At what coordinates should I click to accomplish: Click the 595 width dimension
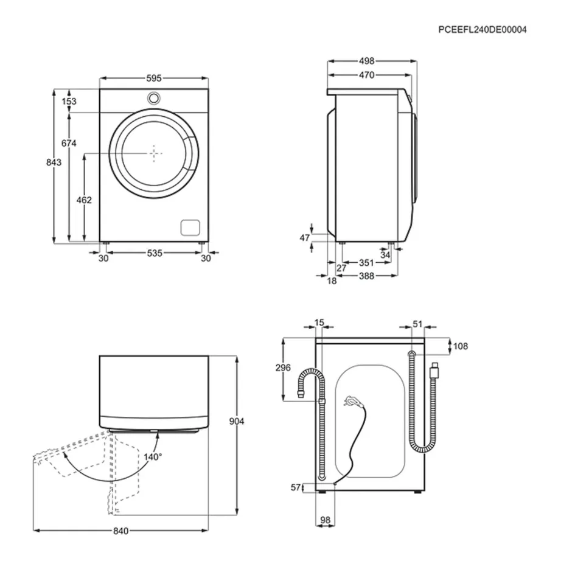(154, 78)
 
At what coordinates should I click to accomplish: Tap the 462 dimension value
(85, 200)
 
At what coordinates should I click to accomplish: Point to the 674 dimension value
(69, 143)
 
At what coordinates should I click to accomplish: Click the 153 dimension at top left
(69, 102)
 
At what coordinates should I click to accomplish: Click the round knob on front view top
(154, 97)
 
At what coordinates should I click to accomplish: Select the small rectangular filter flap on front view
(190, 226)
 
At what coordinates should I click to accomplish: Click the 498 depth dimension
(366, 61)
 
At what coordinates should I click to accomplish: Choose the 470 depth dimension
(366, 75)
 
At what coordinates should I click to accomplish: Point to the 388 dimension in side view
(366, 276)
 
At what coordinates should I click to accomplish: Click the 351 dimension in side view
(365, 263)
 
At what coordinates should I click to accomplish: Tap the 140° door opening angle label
(153, 457)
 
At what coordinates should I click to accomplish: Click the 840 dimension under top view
(120, 531)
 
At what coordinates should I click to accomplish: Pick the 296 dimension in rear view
(283, 368)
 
